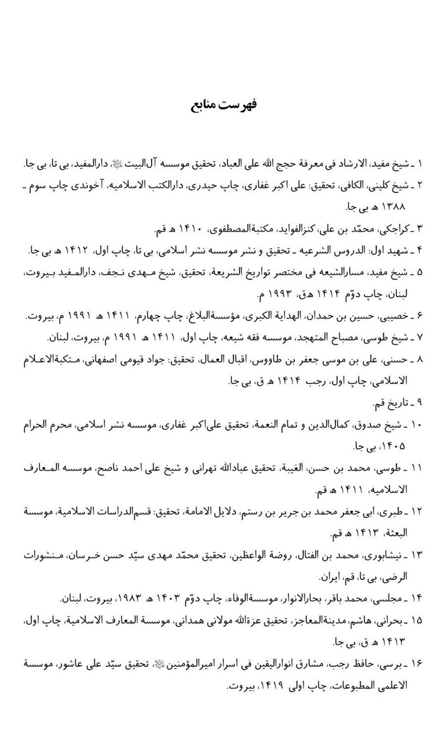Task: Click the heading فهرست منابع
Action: pos(222,103)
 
